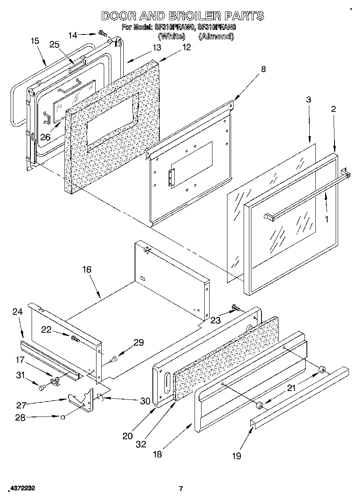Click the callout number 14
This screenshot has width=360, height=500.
[x=73, y=35]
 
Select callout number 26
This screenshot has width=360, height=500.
[x=45, y=137]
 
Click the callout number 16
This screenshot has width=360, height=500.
[x=87, y=269]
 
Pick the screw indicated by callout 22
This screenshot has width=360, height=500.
[x=75, y=338]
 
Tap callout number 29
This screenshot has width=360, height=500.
[x=139, y=342]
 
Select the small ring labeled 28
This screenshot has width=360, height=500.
[x=63, y=417]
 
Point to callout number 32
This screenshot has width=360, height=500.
[x=141, y=444]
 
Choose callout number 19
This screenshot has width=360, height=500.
[x=237, y=456]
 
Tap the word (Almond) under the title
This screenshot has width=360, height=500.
[x=216, y=36]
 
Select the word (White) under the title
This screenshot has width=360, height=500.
[x=171, y=36]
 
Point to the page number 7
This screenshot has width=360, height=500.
[x=181, y=489]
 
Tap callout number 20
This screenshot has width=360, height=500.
[x=127, y=436]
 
